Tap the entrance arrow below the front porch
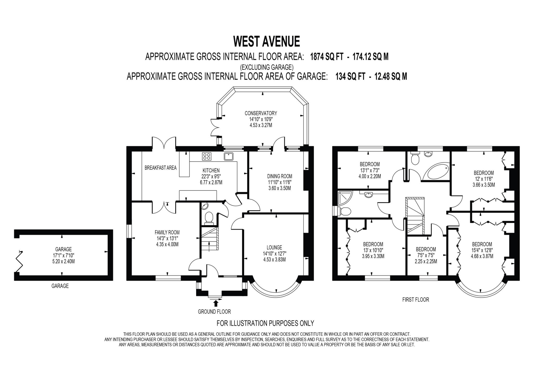[x=216, y=303]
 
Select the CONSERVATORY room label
[x=260, y=113]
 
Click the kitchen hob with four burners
[x=207, y=156]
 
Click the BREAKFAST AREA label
[x=160, y=168]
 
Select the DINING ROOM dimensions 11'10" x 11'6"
[x=280, y=182]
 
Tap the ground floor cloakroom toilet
[x=209, y=218]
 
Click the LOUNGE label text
[x=274, y=247]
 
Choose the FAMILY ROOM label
[x=167, y=232]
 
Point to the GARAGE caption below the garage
[x=60, y=286]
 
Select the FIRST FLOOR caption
[x=415, y=300]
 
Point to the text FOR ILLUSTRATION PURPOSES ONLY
[x=265, y=323]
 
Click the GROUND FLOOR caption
[x=214, y=312]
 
